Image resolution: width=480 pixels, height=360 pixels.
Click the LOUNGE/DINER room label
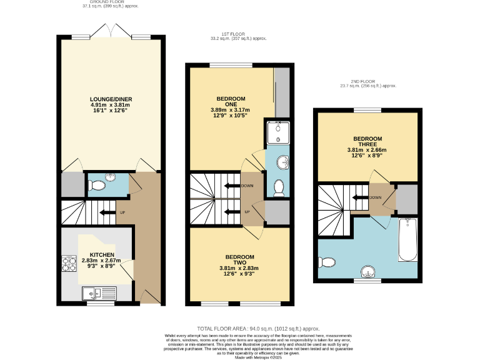(x=111, y=99)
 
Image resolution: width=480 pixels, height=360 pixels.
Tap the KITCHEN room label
(x=101, y=256)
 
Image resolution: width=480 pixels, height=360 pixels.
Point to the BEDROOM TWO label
(x=239, y=257)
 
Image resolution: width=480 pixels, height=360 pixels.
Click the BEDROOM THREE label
(x=367, y=138)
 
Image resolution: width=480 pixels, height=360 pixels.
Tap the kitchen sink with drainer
(x=99, y=291)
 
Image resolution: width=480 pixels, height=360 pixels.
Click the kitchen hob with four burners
(x=68, y=266)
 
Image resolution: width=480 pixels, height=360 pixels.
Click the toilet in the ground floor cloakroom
(x=96, y=186)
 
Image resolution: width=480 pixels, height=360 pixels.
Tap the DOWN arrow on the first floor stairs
(x=232, y=186)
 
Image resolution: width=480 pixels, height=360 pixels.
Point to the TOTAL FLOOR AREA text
(x=258, y=328)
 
